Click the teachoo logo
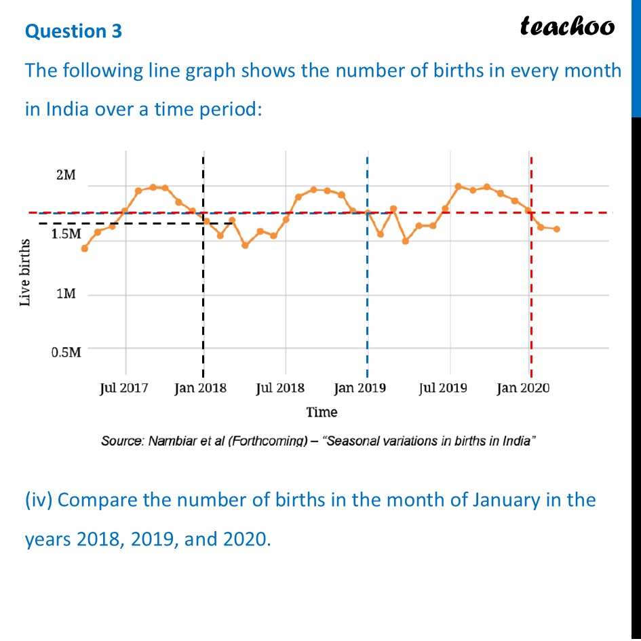(567, 26)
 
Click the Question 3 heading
(73, 31)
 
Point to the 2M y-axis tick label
(66, 175)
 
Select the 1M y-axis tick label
(66, 294)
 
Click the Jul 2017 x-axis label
(123, 388)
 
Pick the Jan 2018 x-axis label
(201, 388)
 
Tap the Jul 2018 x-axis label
(280, 388)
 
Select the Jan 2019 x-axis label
(360, 388)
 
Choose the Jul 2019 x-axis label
(442, 388)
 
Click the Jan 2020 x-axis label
(523, 388)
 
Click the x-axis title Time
(322, 412)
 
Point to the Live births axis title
(25, 272)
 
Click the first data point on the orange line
(84, 248)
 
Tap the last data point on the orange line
(557, 229)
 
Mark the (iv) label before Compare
(39, 501)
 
